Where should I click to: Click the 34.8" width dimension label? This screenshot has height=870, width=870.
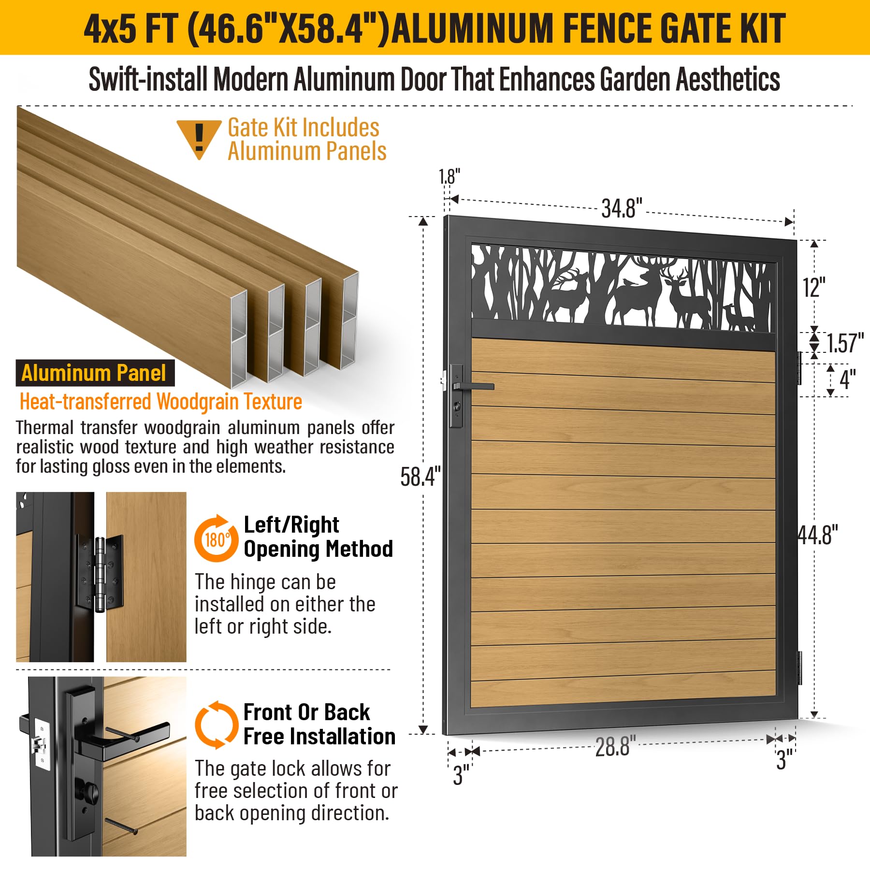click(x=622, y=208)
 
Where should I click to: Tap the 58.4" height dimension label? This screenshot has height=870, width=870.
click(x=420, y=477)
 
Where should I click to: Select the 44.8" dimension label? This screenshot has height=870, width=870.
click(x=818, y=535)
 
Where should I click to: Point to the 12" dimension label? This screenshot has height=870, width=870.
click(x=814, y=288)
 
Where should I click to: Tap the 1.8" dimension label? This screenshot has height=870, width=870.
click(x=449, y=177)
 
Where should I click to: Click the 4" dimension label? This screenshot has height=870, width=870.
click(x=848, y=379)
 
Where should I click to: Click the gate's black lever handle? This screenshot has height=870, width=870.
click(x=474, y=386)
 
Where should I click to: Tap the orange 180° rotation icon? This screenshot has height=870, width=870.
click(x=216, y=538)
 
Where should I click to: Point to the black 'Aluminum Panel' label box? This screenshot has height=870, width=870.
click(x=95, y=373)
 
